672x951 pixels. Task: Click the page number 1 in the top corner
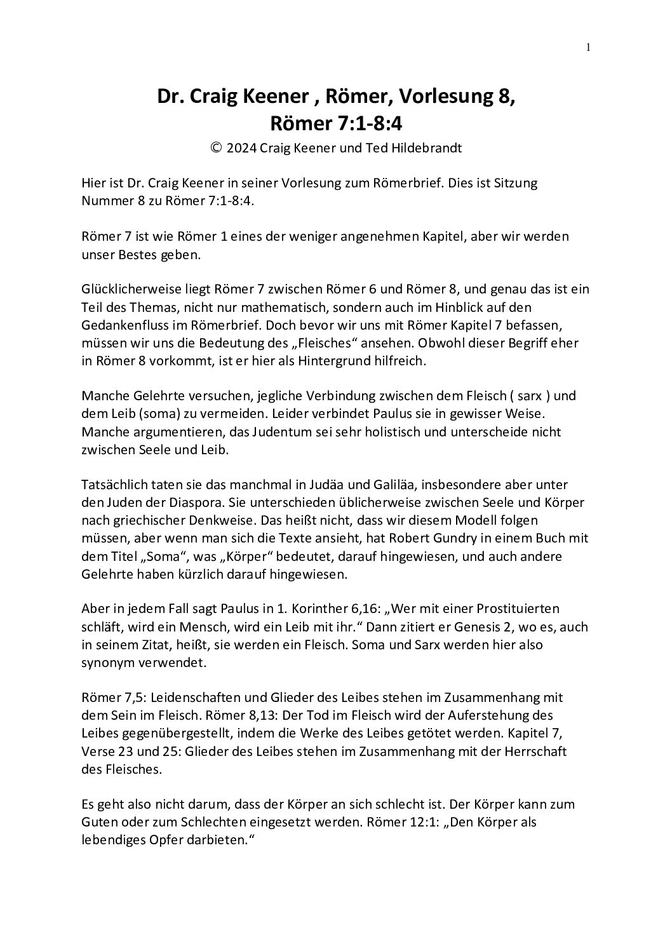click(x=588, y=46)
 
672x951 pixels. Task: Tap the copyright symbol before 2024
click(x=216, y=148)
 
